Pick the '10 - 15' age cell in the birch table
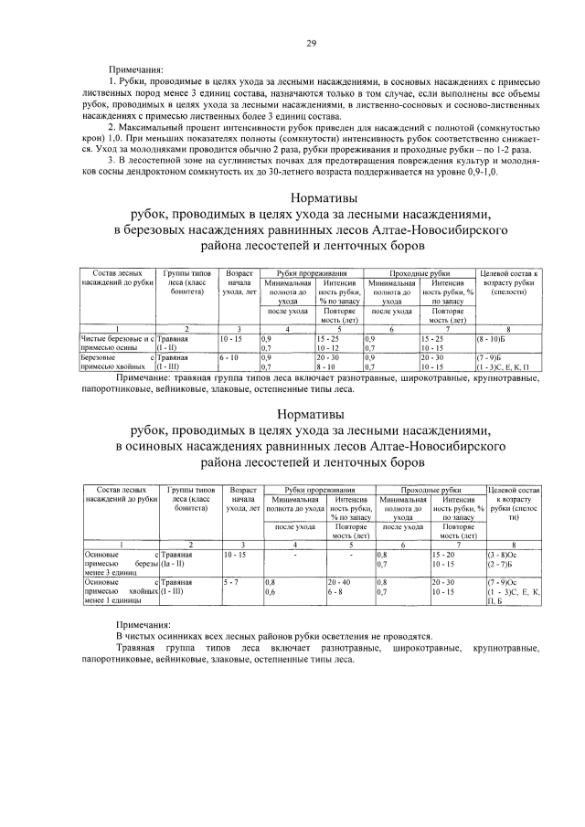click(232, 338)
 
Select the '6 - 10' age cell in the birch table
click(229, 356)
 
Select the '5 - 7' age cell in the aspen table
click(230, 581)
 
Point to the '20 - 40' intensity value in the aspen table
click(339, 581)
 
